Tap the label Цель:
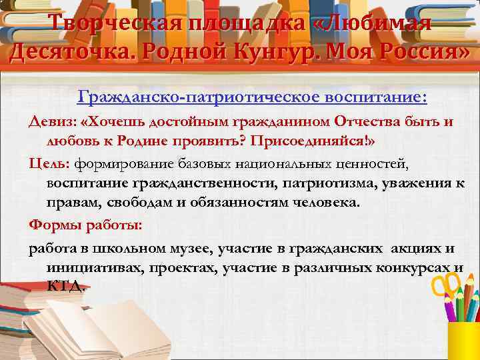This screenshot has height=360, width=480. pos(49,163)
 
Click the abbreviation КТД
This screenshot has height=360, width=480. pos(65,287)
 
